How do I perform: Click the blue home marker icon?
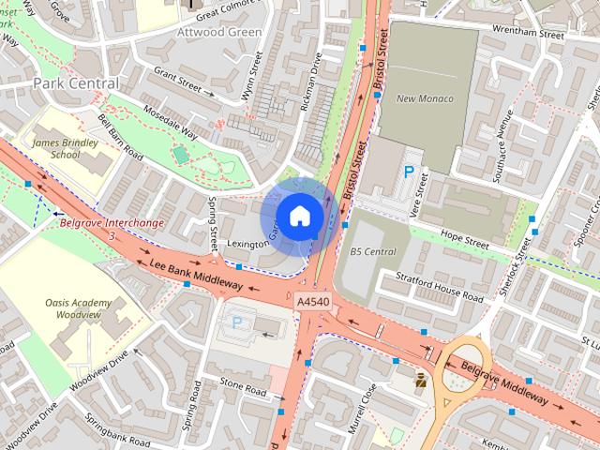coord(299,217)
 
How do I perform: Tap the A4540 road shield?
coord(312,302)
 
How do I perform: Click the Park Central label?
coord(76,83)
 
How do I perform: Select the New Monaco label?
coord(425,98)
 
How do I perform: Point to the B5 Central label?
coord(373,251)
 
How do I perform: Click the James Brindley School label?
coord(56,148)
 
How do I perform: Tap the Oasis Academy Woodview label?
coord(78,309)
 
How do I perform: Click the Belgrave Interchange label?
coord(112,223)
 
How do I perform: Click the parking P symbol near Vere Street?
coord(409,172)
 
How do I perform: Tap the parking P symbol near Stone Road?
coord(237,322)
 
